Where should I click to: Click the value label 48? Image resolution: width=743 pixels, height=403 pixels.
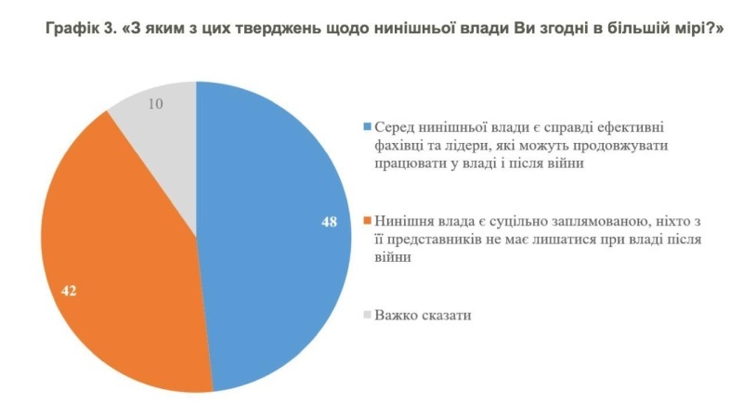coord(329,224)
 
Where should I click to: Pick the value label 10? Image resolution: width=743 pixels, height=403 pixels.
coord(157,103)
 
